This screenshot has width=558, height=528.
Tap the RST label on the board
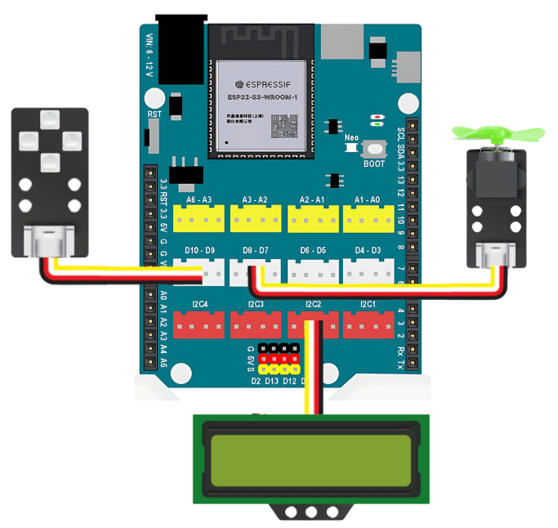(154, 114)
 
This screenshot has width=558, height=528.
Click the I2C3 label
(256, 305)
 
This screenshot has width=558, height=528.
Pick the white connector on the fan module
(494, 256)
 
